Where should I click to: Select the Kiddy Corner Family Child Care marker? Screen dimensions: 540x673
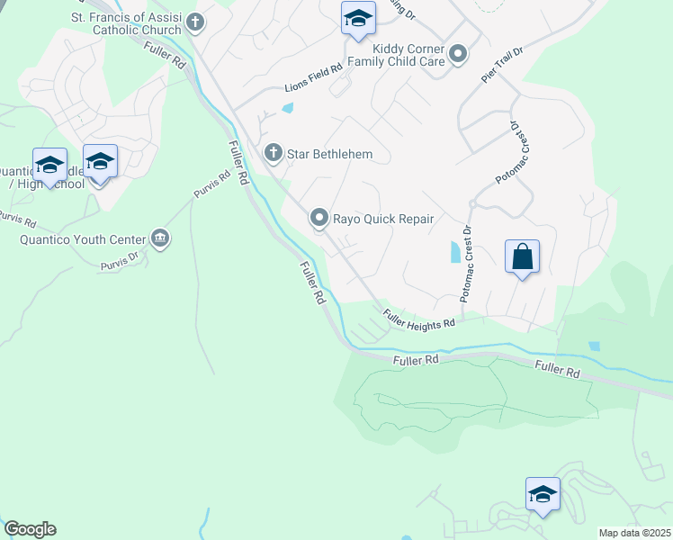(458, 54)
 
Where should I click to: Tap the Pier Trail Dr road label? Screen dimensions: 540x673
(500, 66)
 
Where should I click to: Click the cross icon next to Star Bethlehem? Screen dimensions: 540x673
(274, 154)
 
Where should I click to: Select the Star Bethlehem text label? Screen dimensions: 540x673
(329, 155)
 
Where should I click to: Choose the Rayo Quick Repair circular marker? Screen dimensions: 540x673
(319, 218)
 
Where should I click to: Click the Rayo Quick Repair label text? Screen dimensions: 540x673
(384, 219)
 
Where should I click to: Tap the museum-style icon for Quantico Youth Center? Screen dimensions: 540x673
(161, 238)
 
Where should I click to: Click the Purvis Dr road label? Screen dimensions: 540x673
(119, 260)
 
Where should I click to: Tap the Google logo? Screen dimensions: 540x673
(29, 529)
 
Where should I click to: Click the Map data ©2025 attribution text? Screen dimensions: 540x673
(634, 533)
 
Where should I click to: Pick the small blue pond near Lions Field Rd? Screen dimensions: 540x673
(287, 110)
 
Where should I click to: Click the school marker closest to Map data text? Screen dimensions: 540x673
(543, 494)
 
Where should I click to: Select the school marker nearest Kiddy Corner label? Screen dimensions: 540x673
(357, 18)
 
